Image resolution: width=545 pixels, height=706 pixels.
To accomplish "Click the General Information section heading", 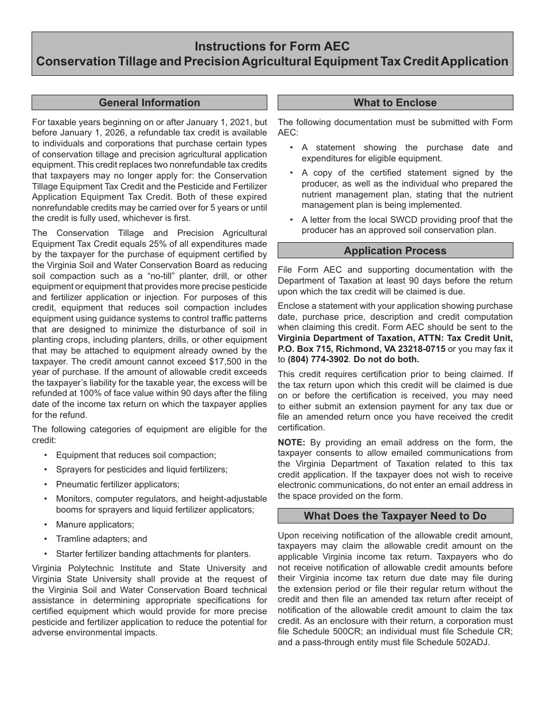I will [x=149, y=103].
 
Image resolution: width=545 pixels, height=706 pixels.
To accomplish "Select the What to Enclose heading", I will [x=395, y=103].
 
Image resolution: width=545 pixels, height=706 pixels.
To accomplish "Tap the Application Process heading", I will [x=395, y=251].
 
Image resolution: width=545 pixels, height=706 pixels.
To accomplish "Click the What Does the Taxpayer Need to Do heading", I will [x=395, y=516].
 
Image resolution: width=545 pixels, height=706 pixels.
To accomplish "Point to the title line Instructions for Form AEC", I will [x=272, y=46].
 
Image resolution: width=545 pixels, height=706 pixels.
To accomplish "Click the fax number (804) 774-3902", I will [x=321, y=359].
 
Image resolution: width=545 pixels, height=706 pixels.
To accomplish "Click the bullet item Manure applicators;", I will [x=95, y=525].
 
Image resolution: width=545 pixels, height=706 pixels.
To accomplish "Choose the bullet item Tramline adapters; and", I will [x=102, y=539].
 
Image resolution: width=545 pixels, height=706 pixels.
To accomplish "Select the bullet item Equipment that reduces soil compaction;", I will [x=136, y=455].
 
